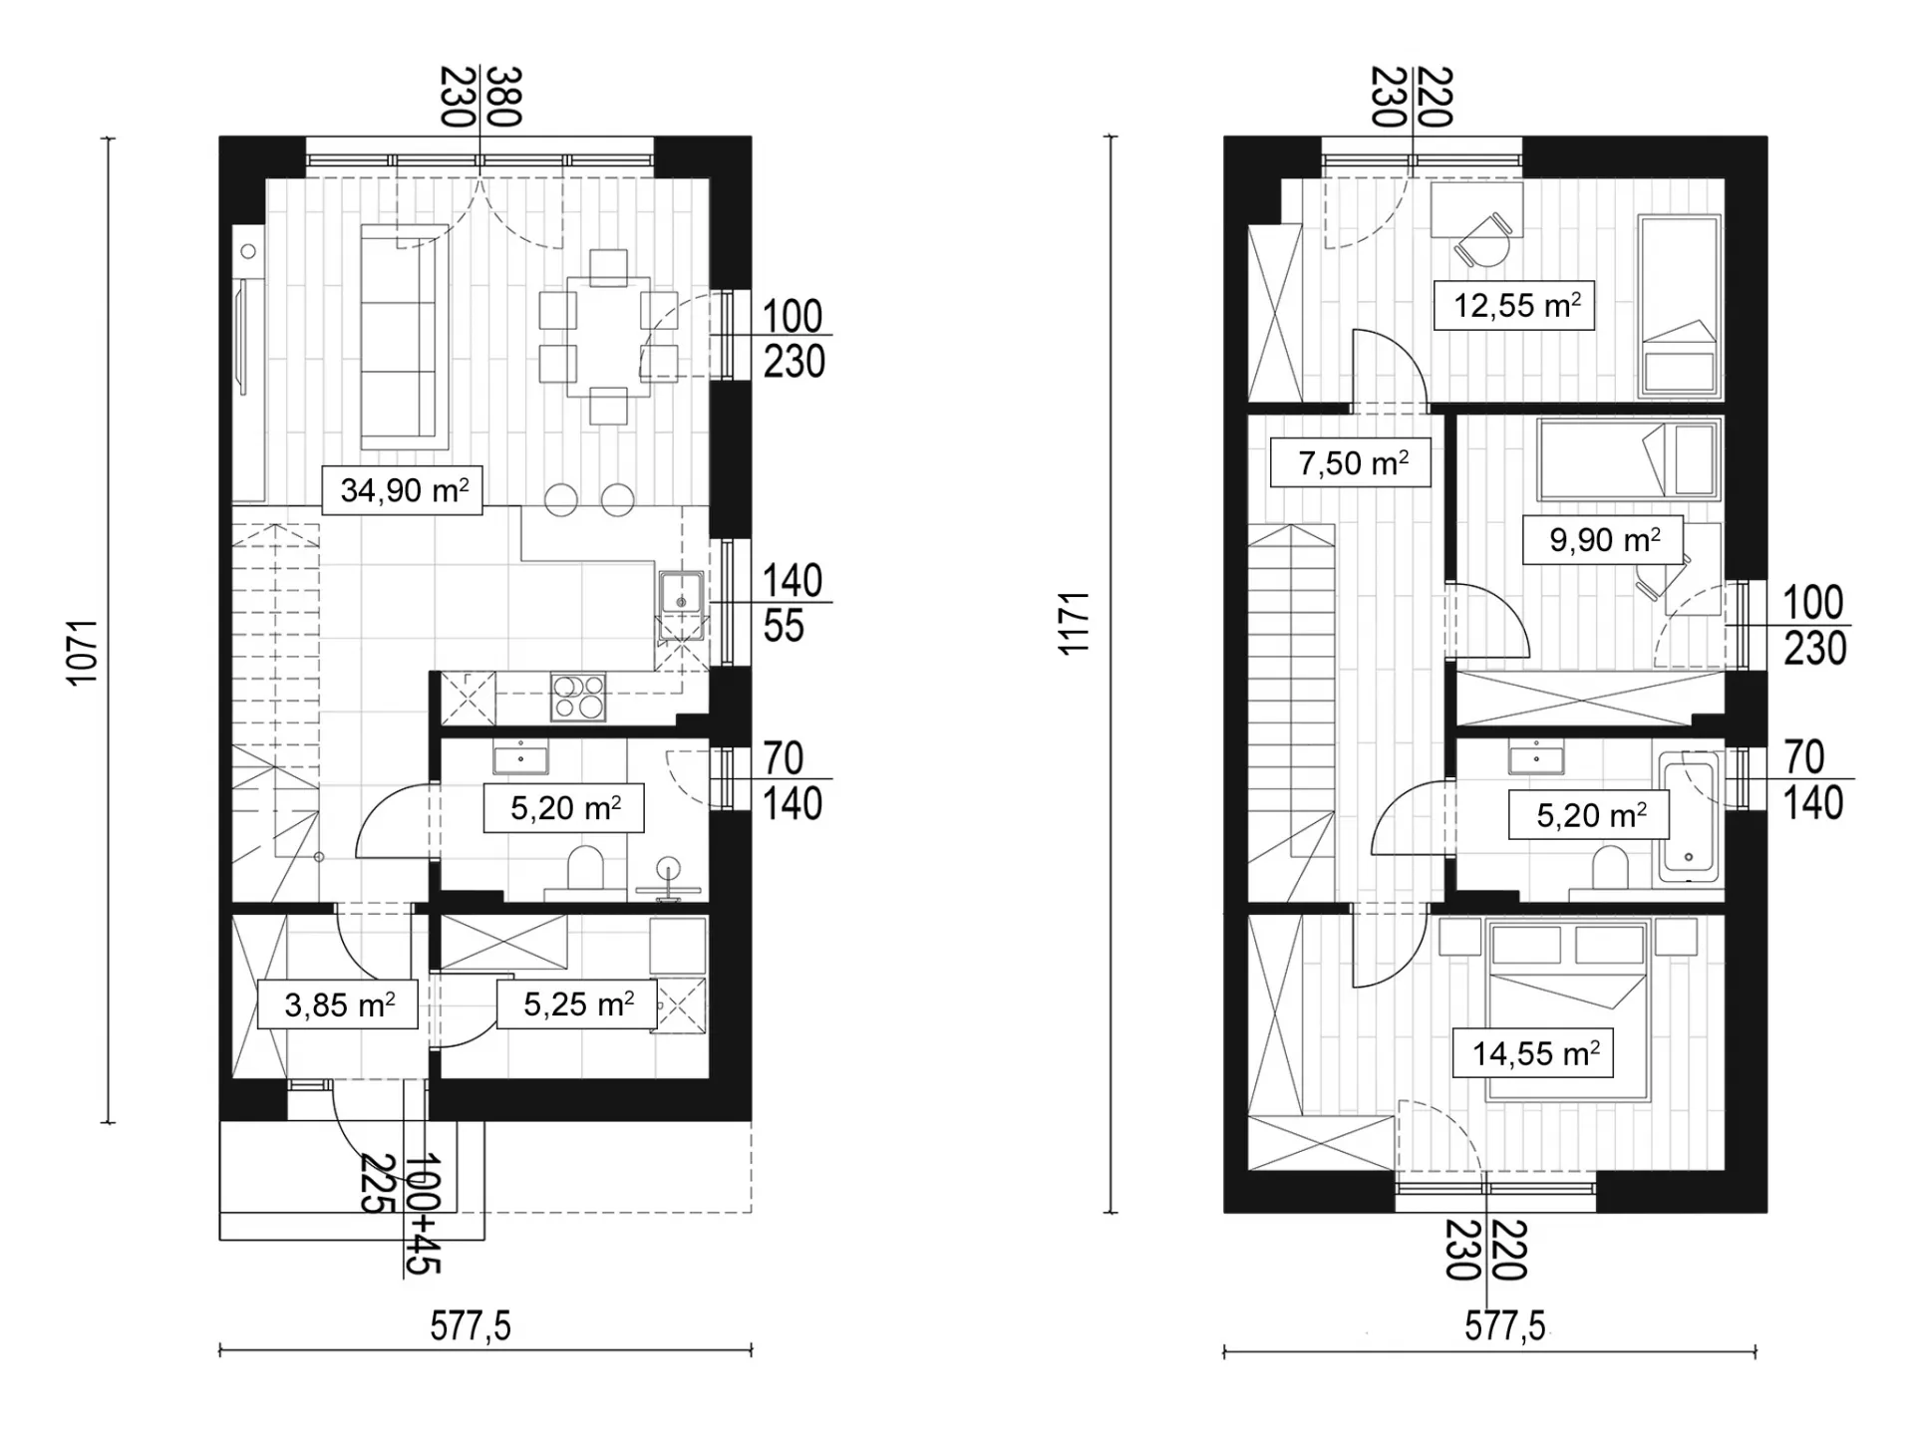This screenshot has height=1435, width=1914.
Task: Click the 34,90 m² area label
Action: (403, 490)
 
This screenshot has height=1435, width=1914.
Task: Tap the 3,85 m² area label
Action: (338, 1004)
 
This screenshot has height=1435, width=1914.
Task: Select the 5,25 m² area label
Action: (577, 1004)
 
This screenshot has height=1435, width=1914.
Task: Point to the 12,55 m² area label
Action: (1514, 305)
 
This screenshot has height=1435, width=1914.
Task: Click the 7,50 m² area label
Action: (1351, 462)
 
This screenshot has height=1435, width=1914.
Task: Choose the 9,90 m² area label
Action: (1603, 540)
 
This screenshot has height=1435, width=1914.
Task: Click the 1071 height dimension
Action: (84, 652)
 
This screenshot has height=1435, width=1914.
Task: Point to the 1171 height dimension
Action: (1075, 624)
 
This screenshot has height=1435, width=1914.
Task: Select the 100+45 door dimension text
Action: (423, 1214)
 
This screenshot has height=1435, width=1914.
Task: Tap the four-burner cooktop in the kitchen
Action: (578, 697)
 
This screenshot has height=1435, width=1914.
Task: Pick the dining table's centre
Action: (608, 337)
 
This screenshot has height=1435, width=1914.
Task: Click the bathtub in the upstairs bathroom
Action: (1689, 819)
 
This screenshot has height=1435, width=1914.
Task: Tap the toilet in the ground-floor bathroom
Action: (585, 868)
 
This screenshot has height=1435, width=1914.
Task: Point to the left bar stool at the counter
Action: (561, 500)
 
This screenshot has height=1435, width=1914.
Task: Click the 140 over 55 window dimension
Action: (793, 603)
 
